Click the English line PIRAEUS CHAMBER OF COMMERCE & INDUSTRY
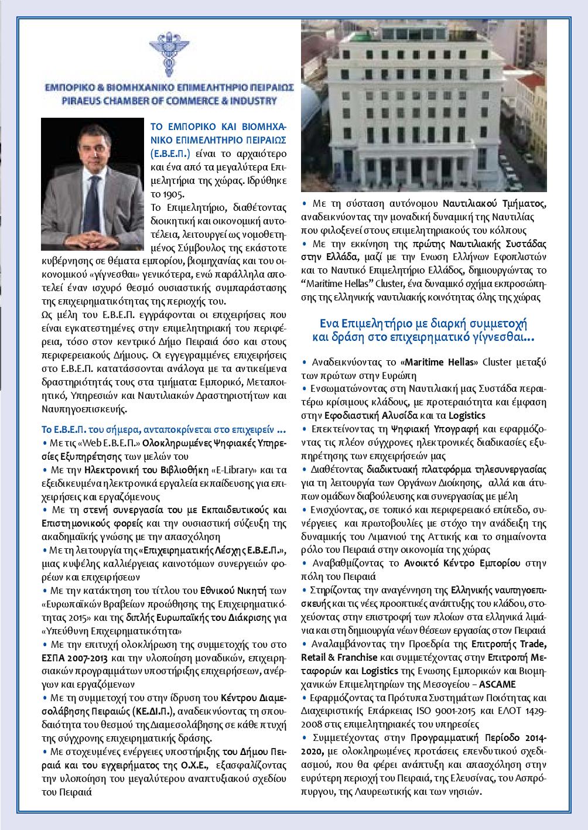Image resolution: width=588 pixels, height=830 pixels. pos(170,101)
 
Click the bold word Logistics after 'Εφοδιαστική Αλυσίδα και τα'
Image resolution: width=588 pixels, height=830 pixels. pos(467,415)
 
